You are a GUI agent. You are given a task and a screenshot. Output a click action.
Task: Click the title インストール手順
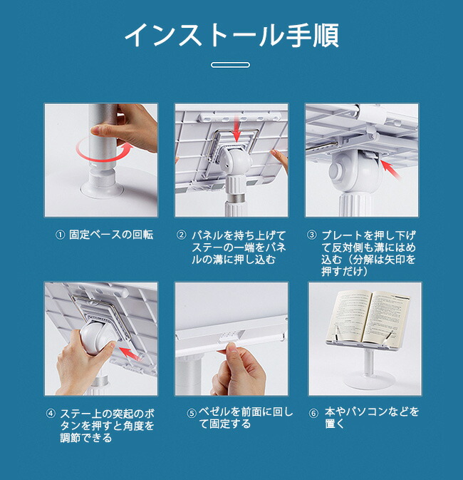click(x=231, y=36)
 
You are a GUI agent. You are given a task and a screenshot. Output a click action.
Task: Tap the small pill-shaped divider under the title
click(x=230, y=65)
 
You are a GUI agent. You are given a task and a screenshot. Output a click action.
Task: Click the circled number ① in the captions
click(x=60, y=235)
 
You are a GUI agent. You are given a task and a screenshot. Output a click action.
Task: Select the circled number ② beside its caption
click(x=182, y=235)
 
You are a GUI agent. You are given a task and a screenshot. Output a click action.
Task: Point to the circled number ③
click(x=311, y=235)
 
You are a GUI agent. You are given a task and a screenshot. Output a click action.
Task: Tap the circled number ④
click(x=51, y=414)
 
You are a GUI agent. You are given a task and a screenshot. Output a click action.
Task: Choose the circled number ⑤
click(x=192, y=413)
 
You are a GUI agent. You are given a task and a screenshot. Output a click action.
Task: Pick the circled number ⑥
click(x=313, y=413)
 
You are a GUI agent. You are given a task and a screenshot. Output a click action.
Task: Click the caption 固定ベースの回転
click(x=111, y=235)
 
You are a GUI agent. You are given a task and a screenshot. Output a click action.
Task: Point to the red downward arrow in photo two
click(x=236, y=130)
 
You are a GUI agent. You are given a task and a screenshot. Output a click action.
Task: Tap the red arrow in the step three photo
click(x=392, y=170)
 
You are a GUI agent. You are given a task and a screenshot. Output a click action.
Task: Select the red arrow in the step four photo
click(x=130, y=353)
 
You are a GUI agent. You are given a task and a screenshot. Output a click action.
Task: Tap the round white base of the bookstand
click(x=368, y=380)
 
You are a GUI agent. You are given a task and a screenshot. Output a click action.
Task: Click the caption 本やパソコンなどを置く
click(x=372, y=418)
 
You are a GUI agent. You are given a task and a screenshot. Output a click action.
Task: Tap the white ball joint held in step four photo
click(x=98, y=336)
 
